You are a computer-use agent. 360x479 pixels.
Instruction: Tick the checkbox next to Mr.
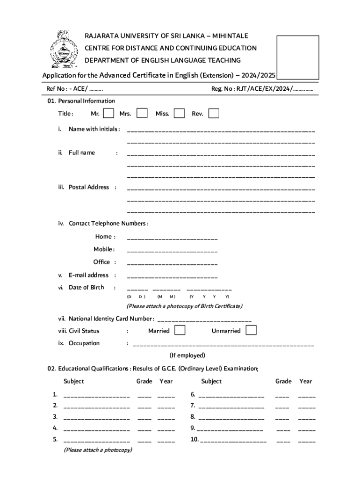pyautogui.click(x=108, y=113)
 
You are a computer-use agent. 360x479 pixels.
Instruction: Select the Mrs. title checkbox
pyautogui.click(x=142, y=113)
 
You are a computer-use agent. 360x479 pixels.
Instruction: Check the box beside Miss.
pyautogui.click(x=179, y=113)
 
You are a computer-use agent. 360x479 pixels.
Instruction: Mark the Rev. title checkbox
pyautogui.click(x=214, y=113)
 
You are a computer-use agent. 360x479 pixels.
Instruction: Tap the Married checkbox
pyautogui.click(x=180, y=330)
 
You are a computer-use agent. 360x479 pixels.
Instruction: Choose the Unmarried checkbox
pyautogui.click(x=251, y=330)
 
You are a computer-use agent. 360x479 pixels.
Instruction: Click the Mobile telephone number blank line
pyautogui.click(x=172, y=252)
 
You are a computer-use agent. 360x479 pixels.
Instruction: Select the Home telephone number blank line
pyautogui.click(x=172, y=239)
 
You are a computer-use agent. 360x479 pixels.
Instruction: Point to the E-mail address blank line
pyautogui.click(x=172, y=278)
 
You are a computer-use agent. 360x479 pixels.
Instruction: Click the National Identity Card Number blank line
pyautogui.click(x=205, y=321)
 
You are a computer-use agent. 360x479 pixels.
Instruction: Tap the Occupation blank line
pyautogui.click(x=223, y=346)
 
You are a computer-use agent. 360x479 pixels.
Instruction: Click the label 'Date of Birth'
pyautogui.click(x=86, y=287)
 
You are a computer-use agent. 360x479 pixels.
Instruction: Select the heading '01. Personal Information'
pyautogui.click(x=81, y=101)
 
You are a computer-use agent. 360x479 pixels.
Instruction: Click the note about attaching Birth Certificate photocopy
pyautogui.click(x=185, y=306)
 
